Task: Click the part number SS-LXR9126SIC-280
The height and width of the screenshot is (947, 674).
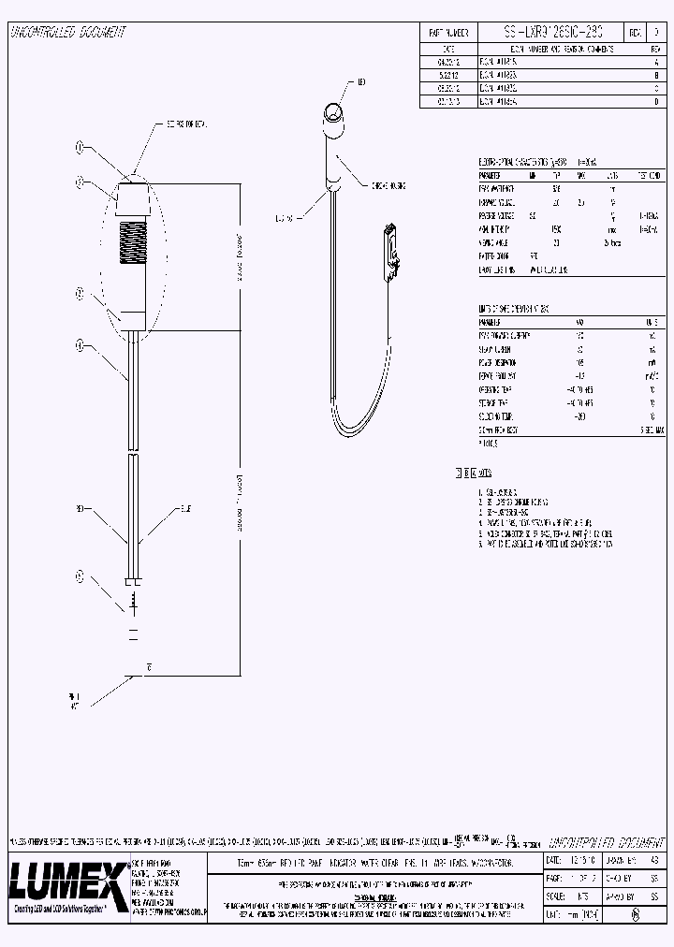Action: point(552,32)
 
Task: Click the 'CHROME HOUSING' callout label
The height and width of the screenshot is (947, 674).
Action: point(387,185)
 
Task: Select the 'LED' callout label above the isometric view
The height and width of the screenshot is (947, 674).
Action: point(361,83)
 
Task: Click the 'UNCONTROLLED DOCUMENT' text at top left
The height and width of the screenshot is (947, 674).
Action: point(67,32)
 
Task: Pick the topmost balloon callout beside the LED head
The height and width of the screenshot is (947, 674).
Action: point(80,148)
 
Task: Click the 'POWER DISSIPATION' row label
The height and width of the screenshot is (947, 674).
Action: point(499,361)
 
